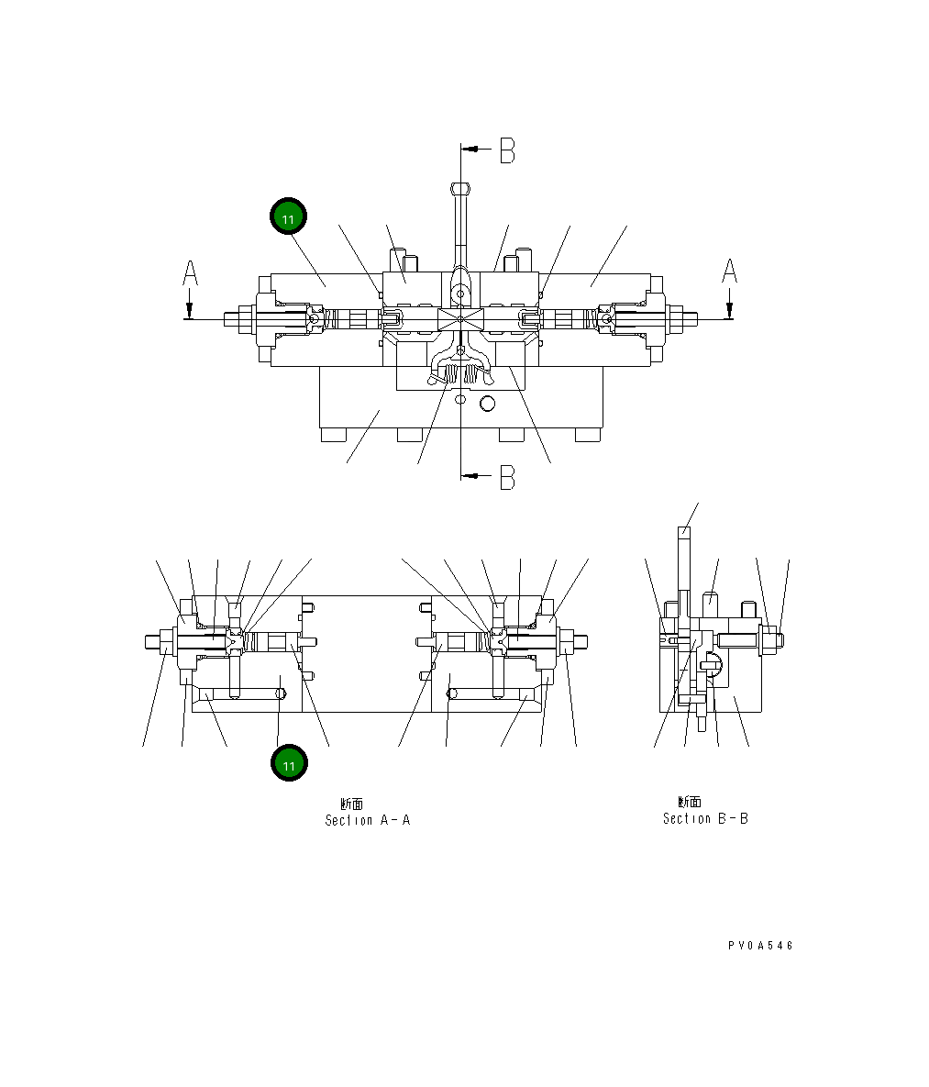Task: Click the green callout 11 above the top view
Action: tap(288, 217)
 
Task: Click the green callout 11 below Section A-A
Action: tap(289, 763)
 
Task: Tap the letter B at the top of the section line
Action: tap(507, 150)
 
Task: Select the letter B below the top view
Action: tap(507, 477)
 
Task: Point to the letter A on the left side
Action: tap(190, 273)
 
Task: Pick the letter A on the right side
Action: tap(729, 272)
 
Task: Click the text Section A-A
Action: tap(367, 820)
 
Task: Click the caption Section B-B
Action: tap(705, 818)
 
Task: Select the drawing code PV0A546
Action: tap(760, 946)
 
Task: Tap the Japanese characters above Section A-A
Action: tap(352, 804)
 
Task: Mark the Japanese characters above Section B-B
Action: tap(690, 802)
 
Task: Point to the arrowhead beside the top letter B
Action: tap(469, 148)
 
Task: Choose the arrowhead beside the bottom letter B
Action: tap(469, 475)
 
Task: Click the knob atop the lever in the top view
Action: tap(460, 189)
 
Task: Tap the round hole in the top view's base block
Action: tap(487, 403)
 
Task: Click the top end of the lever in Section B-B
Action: tap(683, 530)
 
